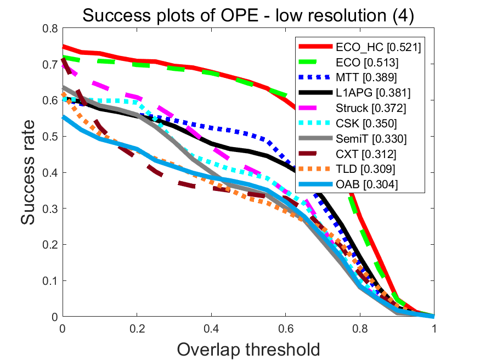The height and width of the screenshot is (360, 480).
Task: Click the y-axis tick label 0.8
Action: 50,28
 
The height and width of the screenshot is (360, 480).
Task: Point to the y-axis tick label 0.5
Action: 50,136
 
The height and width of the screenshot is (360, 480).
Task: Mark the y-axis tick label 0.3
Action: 50,209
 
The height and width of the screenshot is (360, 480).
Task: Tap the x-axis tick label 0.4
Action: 211,329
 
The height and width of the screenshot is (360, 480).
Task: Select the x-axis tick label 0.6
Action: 285,329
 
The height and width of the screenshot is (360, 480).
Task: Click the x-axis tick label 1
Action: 434,329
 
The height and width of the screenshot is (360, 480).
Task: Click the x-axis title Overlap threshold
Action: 249,348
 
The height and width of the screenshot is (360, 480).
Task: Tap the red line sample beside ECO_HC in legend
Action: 316,48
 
